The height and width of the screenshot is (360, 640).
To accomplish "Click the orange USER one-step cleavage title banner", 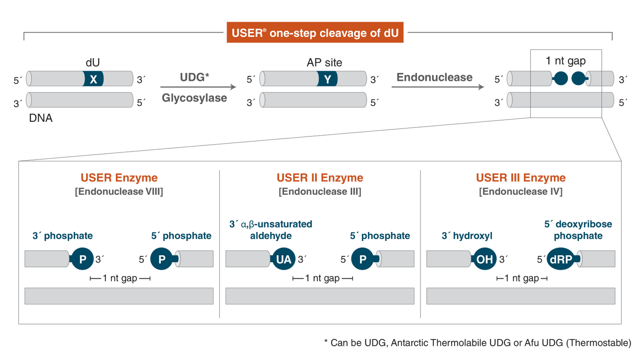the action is click(x=315, y=32).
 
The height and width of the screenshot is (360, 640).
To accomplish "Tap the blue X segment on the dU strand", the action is click(x=93, y=79).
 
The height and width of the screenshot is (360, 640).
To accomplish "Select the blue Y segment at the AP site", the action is click(x=327, y=79).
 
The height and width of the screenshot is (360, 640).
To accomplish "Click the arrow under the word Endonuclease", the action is click(x=438, y=87).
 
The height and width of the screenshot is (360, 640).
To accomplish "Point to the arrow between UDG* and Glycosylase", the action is click(x=198, y=87).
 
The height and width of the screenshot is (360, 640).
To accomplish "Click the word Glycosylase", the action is click(x=194, y=98).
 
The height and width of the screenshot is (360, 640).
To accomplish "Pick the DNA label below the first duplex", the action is click(x=40, y=118).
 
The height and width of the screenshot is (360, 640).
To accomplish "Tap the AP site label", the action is click(x=324, y=63).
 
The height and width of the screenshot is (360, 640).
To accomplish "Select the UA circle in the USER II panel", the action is click(x=284, y=259).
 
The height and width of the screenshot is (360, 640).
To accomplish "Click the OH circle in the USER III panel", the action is click(x=484, y=259).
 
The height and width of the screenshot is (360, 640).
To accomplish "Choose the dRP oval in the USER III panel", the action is click(x=560, y=259).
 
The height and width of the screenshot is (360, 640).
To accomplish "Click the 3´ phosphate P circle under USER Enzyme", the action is click(x=82, y=259).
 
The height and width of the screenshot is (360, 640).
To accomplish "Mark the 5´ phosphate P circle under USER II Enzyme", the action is click(x=363, y=259).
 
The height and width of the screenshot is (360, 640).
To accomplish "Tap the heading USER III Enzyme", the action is click(x=520, y=178).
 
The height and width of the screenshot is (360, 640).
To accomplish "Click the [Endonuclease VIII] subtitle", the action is click(x=119, y=192).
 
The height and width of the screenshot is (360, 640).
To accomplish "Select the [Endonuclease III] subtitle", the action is click(x=320, y=192).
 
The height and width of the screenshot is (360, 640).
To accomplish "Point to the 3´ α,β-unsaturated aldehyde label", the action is click(x=271, y=230).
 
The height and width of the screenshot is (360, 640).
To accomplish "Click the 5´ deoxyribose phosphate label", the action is click(x=578, y=230).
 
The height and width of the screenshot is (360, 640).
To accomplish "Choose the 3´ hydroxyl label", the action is click(x=467, y=236).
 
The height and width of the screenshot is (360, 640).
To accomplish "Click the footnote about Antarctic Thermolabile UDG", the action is click(x=478, y=343).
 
